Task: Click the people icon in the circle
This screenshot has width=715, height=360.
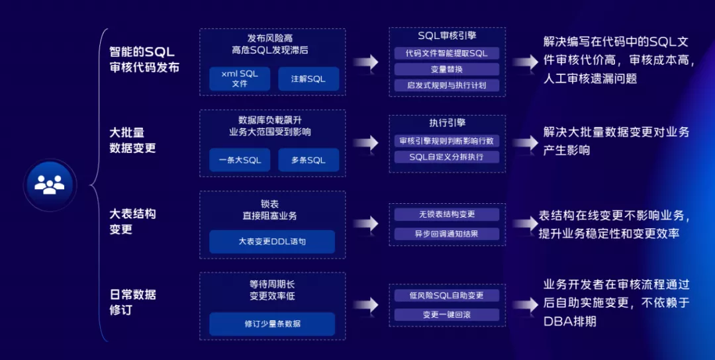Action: tap(50, 183)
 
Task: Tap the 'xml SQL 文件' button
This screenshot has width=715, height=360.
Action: tap(240, 79)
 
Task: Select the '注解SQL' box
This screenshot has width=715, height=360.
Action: tap(309, 79)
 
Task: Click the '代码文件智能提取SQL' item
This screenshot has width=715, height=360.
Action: tap(447, 53)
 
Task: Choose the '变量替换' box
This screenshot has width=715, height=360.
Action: tap(447, 69)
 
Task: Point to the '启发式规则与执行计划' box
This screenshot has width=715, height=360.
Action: tap(447, 85)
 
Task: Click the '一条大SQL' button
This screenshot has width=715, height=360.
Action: tap(240, 160)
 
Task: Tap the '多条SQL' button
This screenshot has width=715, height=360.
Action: tap(309, 160)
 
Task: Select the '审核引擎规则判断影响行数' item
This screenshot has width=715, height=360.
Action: tap(447, 141)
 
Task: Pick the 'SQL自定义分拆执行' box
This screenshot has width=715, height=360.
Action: tap(447, 157)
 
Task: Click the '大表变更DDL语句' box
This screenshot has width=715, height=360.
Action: tap(272, 242)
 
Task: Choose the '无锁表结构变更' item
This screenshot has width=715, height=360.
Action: tap(447, 214)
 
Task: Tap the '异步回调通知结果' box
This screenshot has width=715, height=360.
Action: tap(447, 233)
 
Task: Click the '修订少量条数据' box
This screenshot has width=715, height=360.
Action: tap(272, 324)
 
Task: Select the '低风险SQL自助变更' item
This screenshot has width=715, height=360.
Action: tap(447, 296)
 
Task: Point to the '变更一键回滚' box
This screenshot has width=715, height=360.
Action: tap(447, 314)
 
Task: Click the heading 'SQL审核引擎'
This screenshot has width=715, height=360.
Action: tap(447, 36)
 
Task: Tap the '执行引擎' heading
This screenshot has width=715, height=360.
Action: tap(447, 123)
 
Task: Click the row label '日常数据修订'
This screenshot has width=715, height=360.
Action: tap(132, 302)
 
